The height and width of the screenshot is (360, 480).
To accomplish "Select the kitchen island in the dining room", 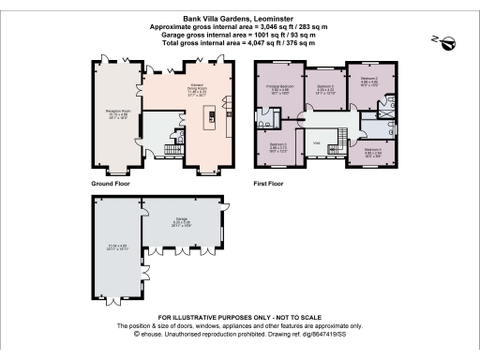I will click(x=211, y=117).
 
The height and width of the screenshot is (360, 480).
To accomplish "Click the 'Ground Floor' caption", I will click(x=110, y=185).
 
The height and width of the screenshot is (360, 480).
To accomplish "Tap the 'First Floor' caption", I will click(x=269, y=185).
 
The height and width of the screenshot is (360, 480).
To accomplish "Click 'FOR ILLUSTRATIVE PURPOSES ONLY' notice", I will click(x=240, y=319).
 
